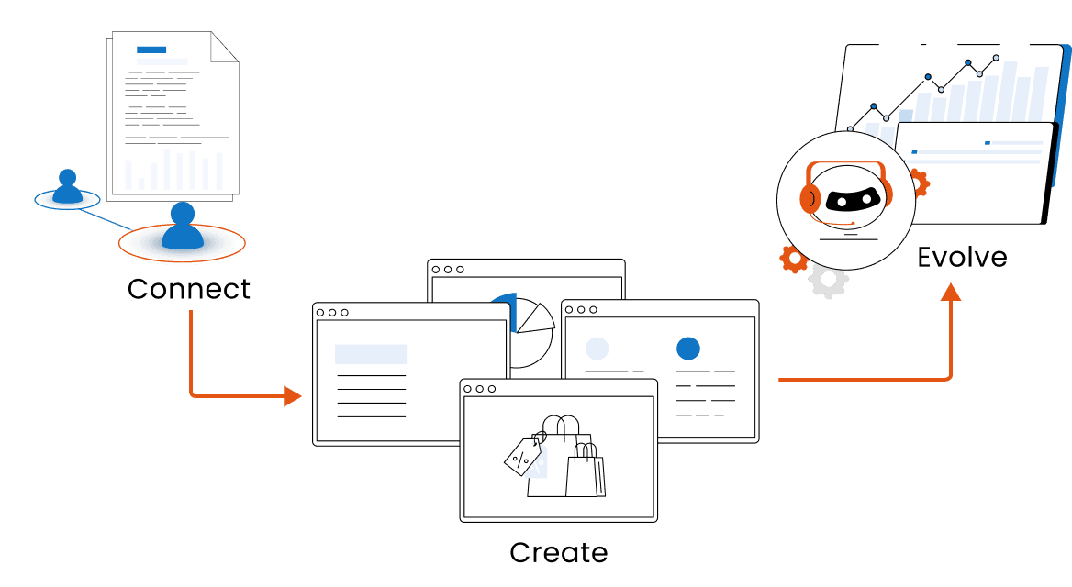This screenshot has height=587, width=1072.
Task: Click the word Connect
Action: tap(188, 289)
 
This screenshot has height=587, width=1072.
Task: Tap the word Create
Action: tap(558, 553)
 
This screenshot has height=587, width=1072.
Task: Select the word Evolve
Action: tap(962, 257)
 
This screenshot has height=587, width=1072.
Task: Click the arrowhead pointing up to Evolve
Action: tap(951, 293)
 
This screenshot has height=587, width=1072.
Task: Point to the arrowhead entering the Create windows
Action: tap(293, 396)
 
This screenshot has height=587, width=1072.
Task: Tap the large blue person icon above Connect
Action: tap(182, 227)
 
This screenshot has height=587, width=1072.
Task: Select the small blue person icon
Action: tap(67, 187)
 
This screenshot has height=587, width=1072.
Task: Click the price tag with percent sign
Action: tap(522, 456)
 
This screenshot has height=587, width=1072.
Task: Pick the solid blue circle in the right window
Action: tap(687, 349)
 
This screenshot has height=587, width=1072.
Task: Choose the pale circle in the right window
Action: tap(597, 349)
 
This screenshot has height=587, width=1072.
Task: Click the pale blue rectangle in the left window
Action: tap(371, 354)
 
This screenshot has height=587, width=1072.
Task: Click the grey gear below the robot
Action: tap(829, 282)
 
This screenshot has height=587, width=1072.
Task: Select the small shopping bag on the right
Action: tap(585, 471)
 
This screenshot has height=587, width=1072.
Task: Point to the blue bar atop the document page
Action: tap(151, 50)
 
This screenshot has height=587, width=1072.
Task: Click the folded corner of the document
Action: tap(225, 47)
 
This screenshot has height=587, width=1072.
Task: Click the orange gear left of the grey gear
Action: tap(792, 260)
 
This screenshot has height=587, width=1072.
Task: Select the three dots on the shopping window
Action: tap(479, 389)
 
